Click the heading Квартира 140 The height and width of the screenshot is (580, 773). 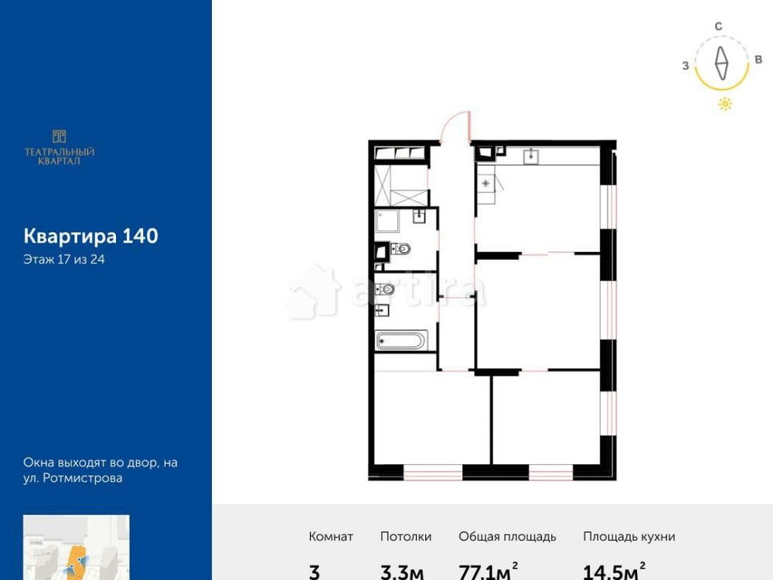tap(90, 236)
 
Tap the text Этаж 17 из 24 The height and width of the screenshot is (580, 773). tap(64, 260)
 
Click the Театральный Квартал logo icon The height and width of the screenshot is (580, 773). tap(60, 136)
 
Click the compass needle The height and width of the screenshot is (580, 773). tap(721, 64)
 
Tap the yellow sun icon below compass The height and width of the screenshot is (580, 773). tap(725, 104)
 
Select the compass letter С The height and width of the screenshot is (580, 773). tap(718, 26)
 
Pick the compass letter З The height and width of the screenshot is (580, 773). tap(686, 66)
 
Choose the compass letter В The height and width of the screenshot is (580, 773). tap(758, 60)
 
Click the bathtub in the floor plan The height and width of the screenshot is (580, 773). tap(400, 341)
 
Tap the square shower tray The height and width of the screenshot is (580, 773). tap(389, 222)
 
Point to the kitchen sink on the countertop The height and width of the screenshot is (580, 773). tap(533, 157)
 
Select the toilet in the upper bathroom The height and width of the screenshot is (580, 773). tap(400, 249)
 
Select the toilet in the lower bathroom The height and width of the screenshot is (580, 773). tap(386, 290)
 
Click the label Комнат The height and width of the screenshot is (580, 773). tap(331, 537)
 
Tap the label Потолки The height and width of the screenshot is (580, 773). tap(406, 537)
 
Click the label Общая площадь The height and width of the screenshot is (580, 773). tap(507, 537)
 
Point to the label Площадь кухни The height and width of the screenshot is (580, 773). tap(629, 537)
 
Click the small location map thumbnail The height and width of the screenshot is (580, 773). tap(76, 548)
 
